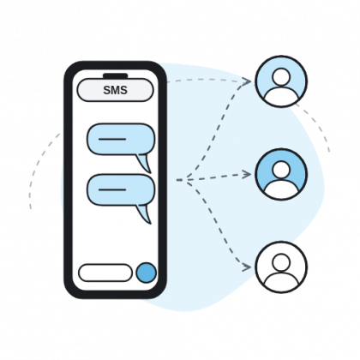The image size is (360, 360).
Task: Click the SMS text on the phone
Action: pos(115,90)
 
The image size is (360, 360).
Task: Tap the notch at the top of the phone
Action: pos(116,76)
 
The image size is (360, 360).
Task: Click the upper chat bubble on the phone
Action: pos(121,139)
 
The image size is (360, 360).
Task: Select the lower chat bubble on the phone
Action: pos(121,189)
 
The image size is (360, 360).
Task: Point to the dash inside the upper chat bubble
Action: pos(112,139)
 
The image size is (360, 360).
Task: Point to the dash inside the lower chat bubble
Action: pos(112,189)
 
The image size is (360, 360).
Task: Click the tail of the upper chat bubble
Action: pos(145,163)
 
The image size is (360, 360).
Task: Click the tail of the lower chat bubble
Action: pos(145,213)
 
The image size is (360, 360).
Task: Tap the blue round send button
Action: pos(147,273)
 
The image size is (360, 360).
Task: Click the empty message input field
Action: pos(105,273)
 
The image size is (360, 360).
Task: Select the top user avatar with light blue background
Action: pos(281,81)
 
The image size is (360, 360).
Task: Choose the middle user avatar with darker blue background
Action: pos(281,174)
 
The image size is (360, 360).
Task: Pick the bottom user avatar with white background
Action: pos(281,267)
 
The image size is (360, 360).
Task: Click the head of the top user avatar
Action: pos(281,77)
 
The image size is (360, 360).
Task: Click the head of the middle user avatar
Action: pos(281,170)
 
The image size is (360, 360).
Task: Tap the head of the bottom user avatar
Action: pos(281,262)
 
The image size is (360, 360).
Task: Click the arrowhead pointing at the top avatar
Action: pos(246,81)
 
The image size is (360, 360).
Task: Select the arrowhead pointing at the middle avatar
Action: pos(246,174)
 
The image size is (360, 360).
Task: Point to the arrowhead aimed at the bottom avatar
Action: pos(246,267)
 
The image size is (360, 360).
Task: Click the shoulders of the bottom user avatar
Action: pos(281,281)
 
